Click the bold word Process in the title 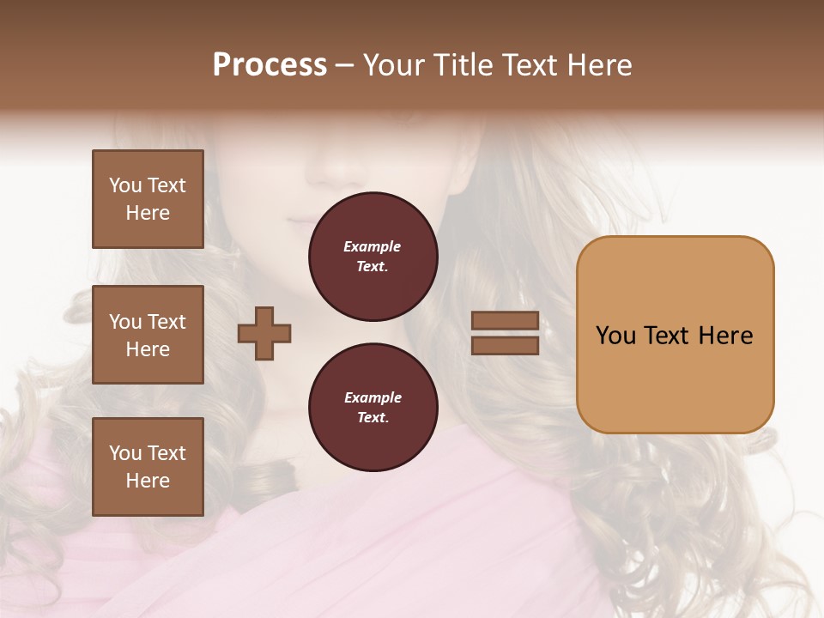pyautogui.click(x=270, y=65)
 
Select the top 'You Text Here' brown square pyautogui.click(x=148, y=199)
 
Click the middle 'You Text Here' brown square pyautogui.click(x=148, y=335)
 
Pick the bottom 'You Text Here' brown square pyautogui.click(x=148, y=467)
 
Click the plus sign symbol pyautogui.click(x=264, y=333)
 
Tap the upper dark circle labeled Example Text pyautogui.click(x=373, y=257)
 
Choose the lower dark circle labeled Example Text pyautogui.click(x=373, y=408)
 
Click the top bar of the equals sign pyautogui.click(x=505, y=321)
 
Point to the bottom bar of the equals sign pyautogui.click(x=505, y=346)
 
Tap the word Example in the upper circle pyautogui.click(x=373, y=246)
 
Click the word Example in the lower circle pyautogui.click(x=373, y=397)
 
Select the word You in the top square pyautogui.click(x=125, y=185)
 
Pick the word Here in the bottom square pyautogui.click(x=148, y=481)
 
